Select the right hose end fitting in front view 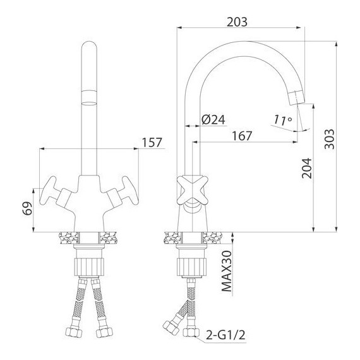(x=102, y=332)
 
